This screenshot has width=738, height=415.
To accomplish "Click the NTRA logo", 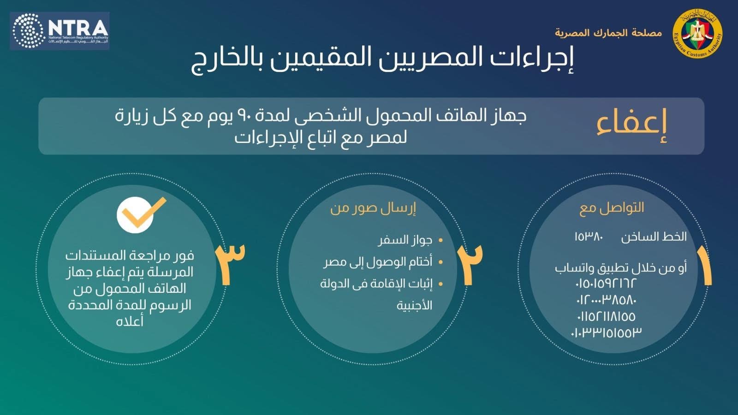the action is tap(60, 30).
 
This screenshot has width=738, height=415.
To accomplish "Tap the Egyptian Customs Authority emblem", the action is tap(697, 33).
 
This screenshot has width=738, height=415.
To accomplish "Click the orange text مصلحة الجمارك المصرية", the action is tap(608, 33).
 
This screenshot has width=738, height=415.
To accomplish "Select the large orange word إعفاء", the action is tap(631, 125).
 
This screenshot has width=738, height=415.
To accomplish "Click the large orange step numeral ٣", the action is tap(230, 264).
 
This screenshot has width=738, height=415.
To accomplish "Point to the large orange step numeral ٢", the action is tap(470, 264).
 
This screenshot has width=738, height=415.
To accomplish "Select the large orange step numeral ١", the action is tap(704, 265).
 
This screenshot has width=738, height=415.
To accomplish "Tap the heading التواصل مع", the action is tap(612, 208).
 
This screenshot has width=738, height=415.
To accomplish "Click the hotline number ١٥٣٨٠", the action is tap(589, 237).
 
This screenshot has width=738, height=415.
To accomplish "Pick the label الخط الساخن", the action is tap(654, 237).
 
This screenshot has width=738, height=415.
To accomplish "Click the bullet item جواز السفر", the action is tap(405, 240).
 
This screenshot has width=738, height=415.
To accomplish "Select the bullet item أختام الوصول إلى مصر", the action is tap(378, 262).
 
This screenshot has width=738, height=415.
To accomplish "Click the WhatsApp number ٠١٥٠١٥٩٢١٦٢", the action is tap(605, 283).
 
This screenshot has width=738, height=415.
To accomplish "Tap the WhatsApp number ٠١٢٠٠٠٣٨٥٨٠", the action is tap(606, 300).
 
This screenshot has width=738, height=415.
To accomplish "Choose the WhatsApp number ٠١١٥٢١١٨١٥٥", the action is tap(606, 316).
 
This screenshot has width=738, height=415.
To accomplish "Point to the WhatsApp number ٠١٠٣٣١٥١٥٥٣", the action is tap(606, 333).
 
